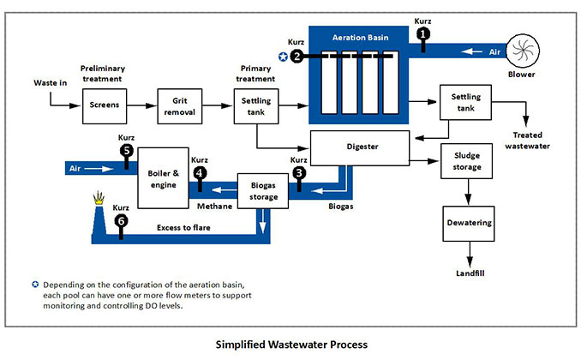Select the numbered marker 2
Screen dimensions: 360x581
(x=296, y=57)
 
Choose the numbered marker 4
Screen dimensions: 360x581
(x=200, y=172)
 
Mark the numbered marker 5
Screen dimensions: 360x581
(x=126, y=151)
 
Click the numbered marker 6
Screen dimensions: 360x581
(x=121, y=220)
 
